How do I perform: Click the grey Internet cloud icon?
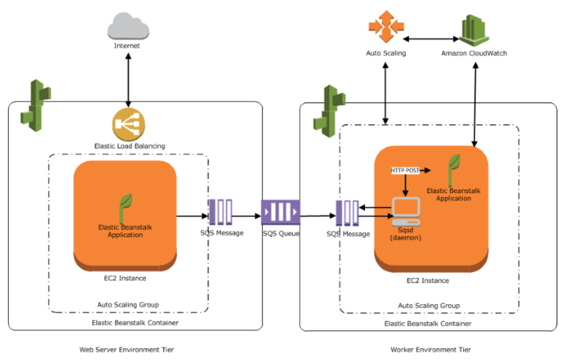pos(127,27)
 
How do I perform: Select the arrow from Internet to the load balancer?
pos(128,79)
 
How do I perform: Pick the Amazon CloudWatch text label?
pos(474,53)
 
